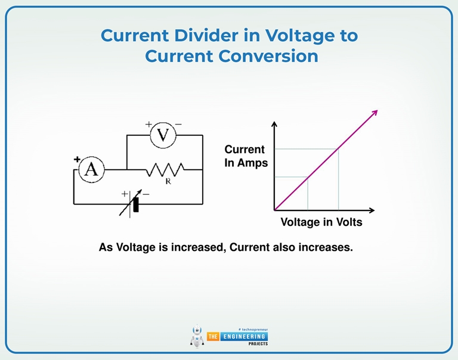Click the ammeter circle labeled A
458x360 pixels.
pos(91,170)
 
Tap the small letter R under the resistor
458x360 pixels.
pos(168,182)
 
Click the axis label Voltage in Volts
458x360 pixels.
pos(321,222)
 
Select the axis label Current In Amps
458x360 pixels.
pos(245,156)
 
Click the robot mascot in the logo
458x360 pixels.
pos(197,337)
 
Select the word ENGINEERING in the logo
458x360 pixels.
pos(244,337)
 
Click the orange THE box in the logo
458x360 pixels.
pos(213,337)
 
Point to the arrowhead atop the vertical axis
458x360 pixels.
pos(274,125)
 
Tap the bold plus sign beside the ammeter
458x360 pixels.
pos(77,160)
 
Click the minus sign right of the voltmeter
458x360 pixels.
pos(178,125)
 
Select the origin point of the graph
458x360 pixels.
pos(274,210)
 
